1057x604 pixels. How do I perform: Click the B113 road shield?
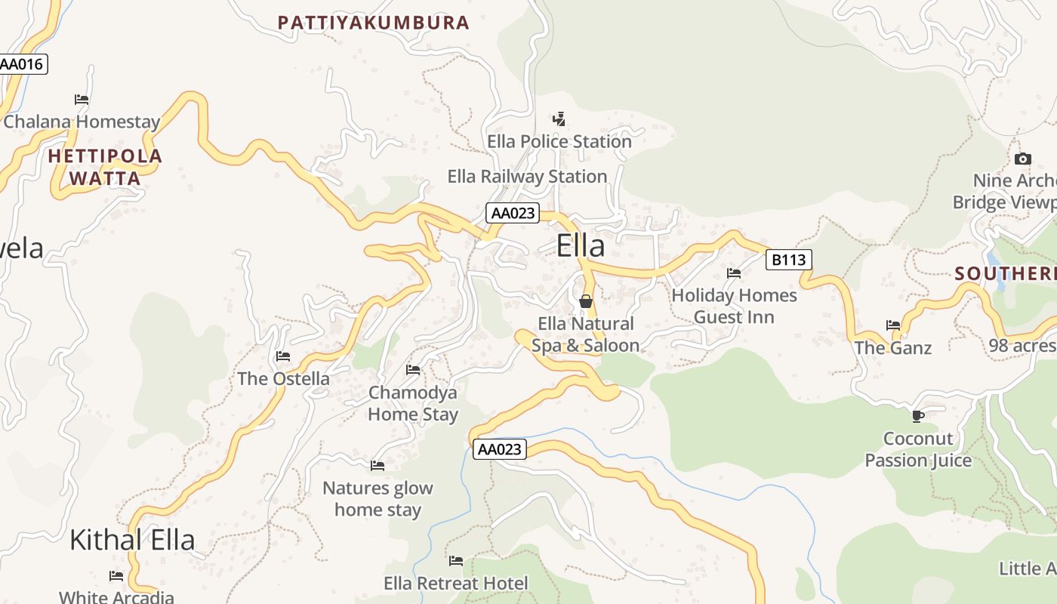[788, 260]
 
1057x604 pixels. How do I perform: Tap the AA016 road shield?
[22, 64]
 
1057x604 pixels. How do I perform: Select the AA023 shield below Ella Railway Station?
[513, 213]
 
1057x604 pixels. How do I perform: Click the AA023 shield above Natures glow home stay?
[499, 449]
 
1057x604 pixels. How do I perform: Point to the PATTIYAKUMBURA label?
[374, 23]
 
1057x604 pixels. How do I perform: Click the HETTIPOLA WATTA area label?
[105, 168]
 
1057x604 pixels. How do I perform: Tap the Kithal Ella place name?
[132, 540]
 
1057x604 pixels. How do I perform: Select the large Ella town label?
[581, 246]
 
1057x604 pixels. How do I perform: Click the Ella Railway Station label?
[527, 177]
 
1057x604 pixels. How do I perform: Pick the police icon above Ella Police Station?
[559, 119]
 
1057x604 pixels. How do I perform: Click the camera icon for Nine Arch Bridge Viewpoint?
[1022, 159]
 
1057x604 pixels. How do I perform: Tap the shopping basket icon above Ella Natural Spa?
[585, 302]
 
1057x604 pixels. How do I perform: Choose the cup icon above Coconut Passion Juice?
[918, 416]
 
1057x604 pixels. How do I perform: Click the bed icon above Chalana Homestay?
[82, 100]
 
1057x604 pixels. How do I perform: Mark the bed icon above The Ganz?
[893, 325]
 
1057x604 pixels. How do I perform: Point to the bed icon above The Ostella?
[283, 356]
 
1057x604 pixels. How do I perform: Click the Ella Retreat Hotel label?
[456, 584]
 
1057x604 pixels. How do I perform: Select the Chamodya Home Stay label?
[413, 404]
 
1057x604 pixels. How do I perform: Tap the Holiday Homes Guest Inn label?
[734, 306]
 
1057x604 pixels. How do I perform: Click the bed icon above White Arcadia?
[116, 576]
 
